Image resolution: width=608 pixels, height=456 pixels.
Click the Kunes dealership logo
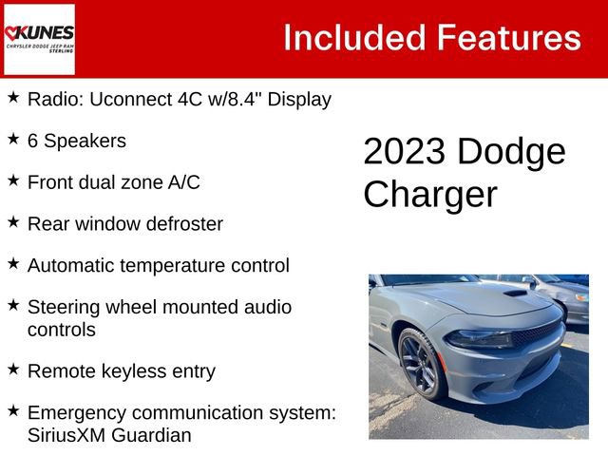click(39, 39)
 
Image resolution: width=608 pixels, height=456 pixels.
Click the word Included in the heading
click(353, 38)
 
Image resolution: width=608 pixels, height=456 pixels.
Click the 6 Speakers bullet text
click(76, 141)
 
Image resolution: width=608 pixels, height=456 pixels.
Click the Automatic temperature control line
click(158, 265)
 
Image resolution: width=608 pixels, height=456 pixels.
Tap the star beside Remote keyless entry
click(13, 370)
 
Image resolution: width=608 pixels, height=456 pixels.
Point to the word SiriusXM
click(68, 435)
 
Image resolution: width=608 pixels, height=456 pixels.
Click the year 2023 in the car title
click(405, 152)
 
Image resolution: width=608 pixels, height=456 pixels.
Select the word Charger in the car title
click(429, 194)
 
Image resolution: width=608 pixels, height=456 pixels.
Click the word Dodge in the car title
click(510, 152)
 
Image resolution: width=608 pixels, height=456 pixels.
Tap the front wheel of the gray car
click(418, 363)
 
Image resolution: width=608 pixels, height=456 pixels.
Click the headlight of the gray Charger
click(479, 339)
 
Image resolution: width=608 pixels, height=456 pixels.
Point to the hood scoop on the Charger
click(515, 294)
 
